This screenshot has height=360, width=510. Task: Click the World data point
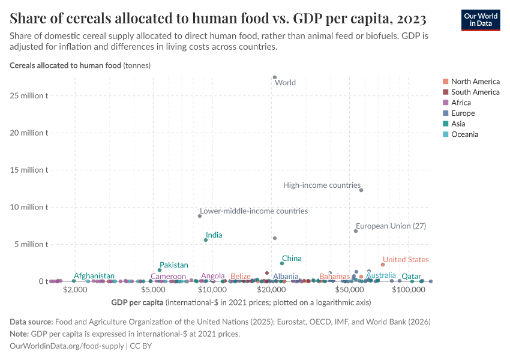pyautogui.click(x=275, y=77)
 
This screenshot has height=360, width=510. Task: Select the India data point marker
pyautogui.click(x=206, y=240)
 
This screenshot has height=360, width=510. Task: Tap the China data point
pyautogui.click(x=282, y=263)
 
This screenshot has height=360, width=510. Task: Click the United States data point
pyautogui.click(x=383, y=265)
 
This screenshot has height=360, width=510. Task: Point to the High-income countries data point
pyautogui.click(x=361, y=190)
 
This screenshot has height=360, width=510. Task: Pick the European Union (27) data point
pyautogui.click(x=356, y=231)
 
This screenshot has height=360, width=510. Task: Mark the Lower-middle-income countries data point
pyautogui.click(x=200, y=216)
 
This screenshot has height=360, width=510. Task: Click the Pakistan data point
pyautogui.click(x=160, y=270)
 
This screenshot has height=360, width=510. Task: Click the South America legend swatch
pyautogui.click(x=445, y=92)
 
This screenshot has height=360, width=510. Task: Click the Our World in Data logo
pyautogui.click(x=480, y=19)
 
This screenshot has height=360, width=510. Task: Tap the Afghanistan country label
pyautogui.click(x=94, y=276)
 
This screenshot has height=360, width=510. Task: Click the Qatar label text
pyautogui.click(x=411, y=277)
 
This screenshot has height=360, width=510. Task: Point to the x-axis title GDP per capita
pyautogui.click(x=137, y=302)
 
